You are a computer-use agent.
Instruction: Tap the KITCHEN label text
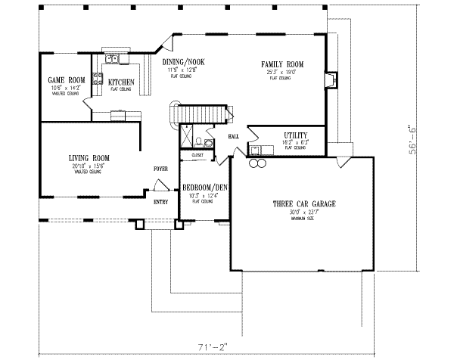pos(121,81)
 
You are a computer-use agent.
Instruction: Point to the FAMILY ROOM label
pos(282,65)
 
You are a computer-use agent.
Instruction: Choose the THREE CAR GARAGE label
pos(303,204)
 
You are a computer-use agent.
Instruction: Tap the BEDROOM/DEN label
pos(204,187)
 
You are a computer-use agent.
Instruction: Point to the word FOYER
pos(160,169)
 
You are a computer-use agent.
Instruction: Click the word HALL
pos(233,136)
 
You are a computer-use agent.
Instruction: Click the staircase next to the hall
pos(201,113)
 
